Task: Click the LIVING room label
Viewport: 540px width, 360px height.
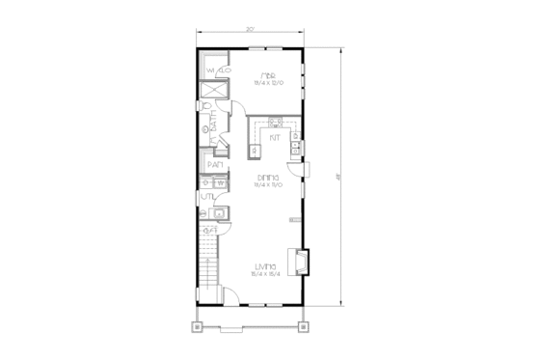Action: coord(267,264)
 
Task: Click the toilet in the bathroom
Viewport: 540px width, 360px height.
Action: coord(205,106)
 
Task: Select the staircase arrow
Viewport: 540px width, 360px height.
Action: coord(207,232)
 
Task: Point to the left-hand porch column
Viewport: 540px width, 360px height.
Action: coord(199,325)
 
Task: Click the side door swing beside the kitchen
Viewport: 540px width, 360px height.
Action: coord(307,169)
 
